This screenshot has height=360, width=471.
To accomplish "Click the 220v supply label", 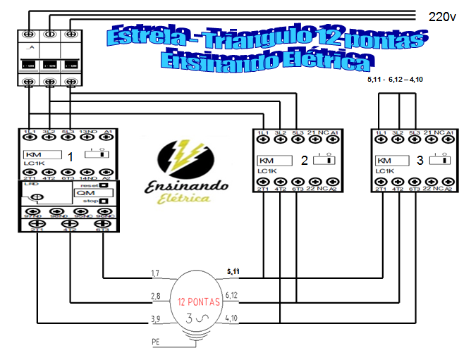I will click(x=442, y=15).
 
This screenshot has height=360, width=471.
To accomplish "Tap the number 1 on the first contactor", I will click(x=69, y=156).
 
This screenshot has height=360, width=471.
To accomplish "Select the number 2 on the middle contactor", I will click(x=304, y=160).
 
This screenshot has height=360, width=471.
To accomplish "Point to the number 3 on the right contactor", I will click(x=420, y=160).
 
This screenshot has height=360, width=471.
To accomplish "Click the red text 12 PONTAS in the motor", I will click(x=199, y=302).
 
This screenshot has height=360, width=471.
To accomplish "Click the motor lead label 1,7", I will click(x=157, y=273).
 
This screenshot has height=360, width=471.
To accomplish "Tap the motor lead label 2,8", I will click(x=157, y=295).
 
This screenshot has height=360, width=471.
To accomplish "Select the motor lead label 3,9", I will click(x=157, y=319).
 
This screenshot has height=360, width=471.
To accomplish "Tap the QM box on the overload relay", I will click(x=87, y=193).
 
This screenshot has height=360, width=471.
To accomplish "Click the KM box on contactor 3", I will click(x=385, y=160).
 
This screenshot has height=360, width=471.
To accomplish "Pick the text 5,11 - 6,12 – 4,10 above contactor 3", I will click(x=395, y=80).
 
